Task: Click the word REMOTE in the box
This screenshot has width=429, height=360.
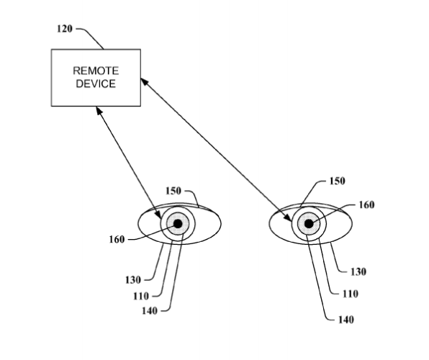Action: (96, 71)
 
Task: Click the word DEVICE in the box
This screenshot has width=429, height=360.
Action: (96, 84)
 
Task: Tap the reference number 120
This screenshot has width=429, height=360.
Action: (65, 29)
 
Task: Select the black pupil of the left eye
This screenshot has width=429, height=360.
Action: (178, 224)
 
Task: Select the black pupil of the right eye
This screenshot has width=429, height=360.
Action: (309, 224)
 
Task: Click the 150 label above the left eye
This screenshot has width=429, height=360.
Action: (173, 191)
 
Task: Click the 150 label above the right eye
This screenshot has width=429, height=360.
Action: (337, 181)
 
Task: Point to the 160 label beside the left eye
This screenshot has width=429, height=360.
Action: (117, 240)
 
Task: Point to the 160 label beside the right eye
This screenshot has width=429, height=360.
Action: (366, 204)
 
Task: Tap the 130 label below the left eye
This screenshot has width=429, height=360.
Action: (133, 280)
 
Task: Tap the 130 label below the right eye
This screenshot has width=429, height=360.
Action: (358, 272)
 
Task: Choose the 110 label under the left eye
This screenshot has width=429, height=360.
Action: (141, 296)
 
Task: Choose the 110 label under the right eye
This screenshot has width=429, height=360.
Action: (351, 294)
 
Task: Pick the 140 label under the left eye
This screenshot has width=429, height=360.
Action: (150, 311)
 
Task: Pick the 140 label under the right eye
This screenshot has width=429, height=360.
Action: (346, 320)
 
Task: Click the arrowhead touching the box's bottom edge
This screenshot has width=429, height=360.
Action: (99, 111)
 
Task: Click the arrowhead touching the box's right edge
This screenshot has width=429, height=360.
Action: (144, 81)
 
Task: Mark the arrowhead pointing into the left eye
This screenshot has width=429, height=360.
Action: (158, 215)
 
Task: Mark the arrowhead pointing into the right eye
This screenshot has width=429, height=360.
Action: (288, 217)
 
